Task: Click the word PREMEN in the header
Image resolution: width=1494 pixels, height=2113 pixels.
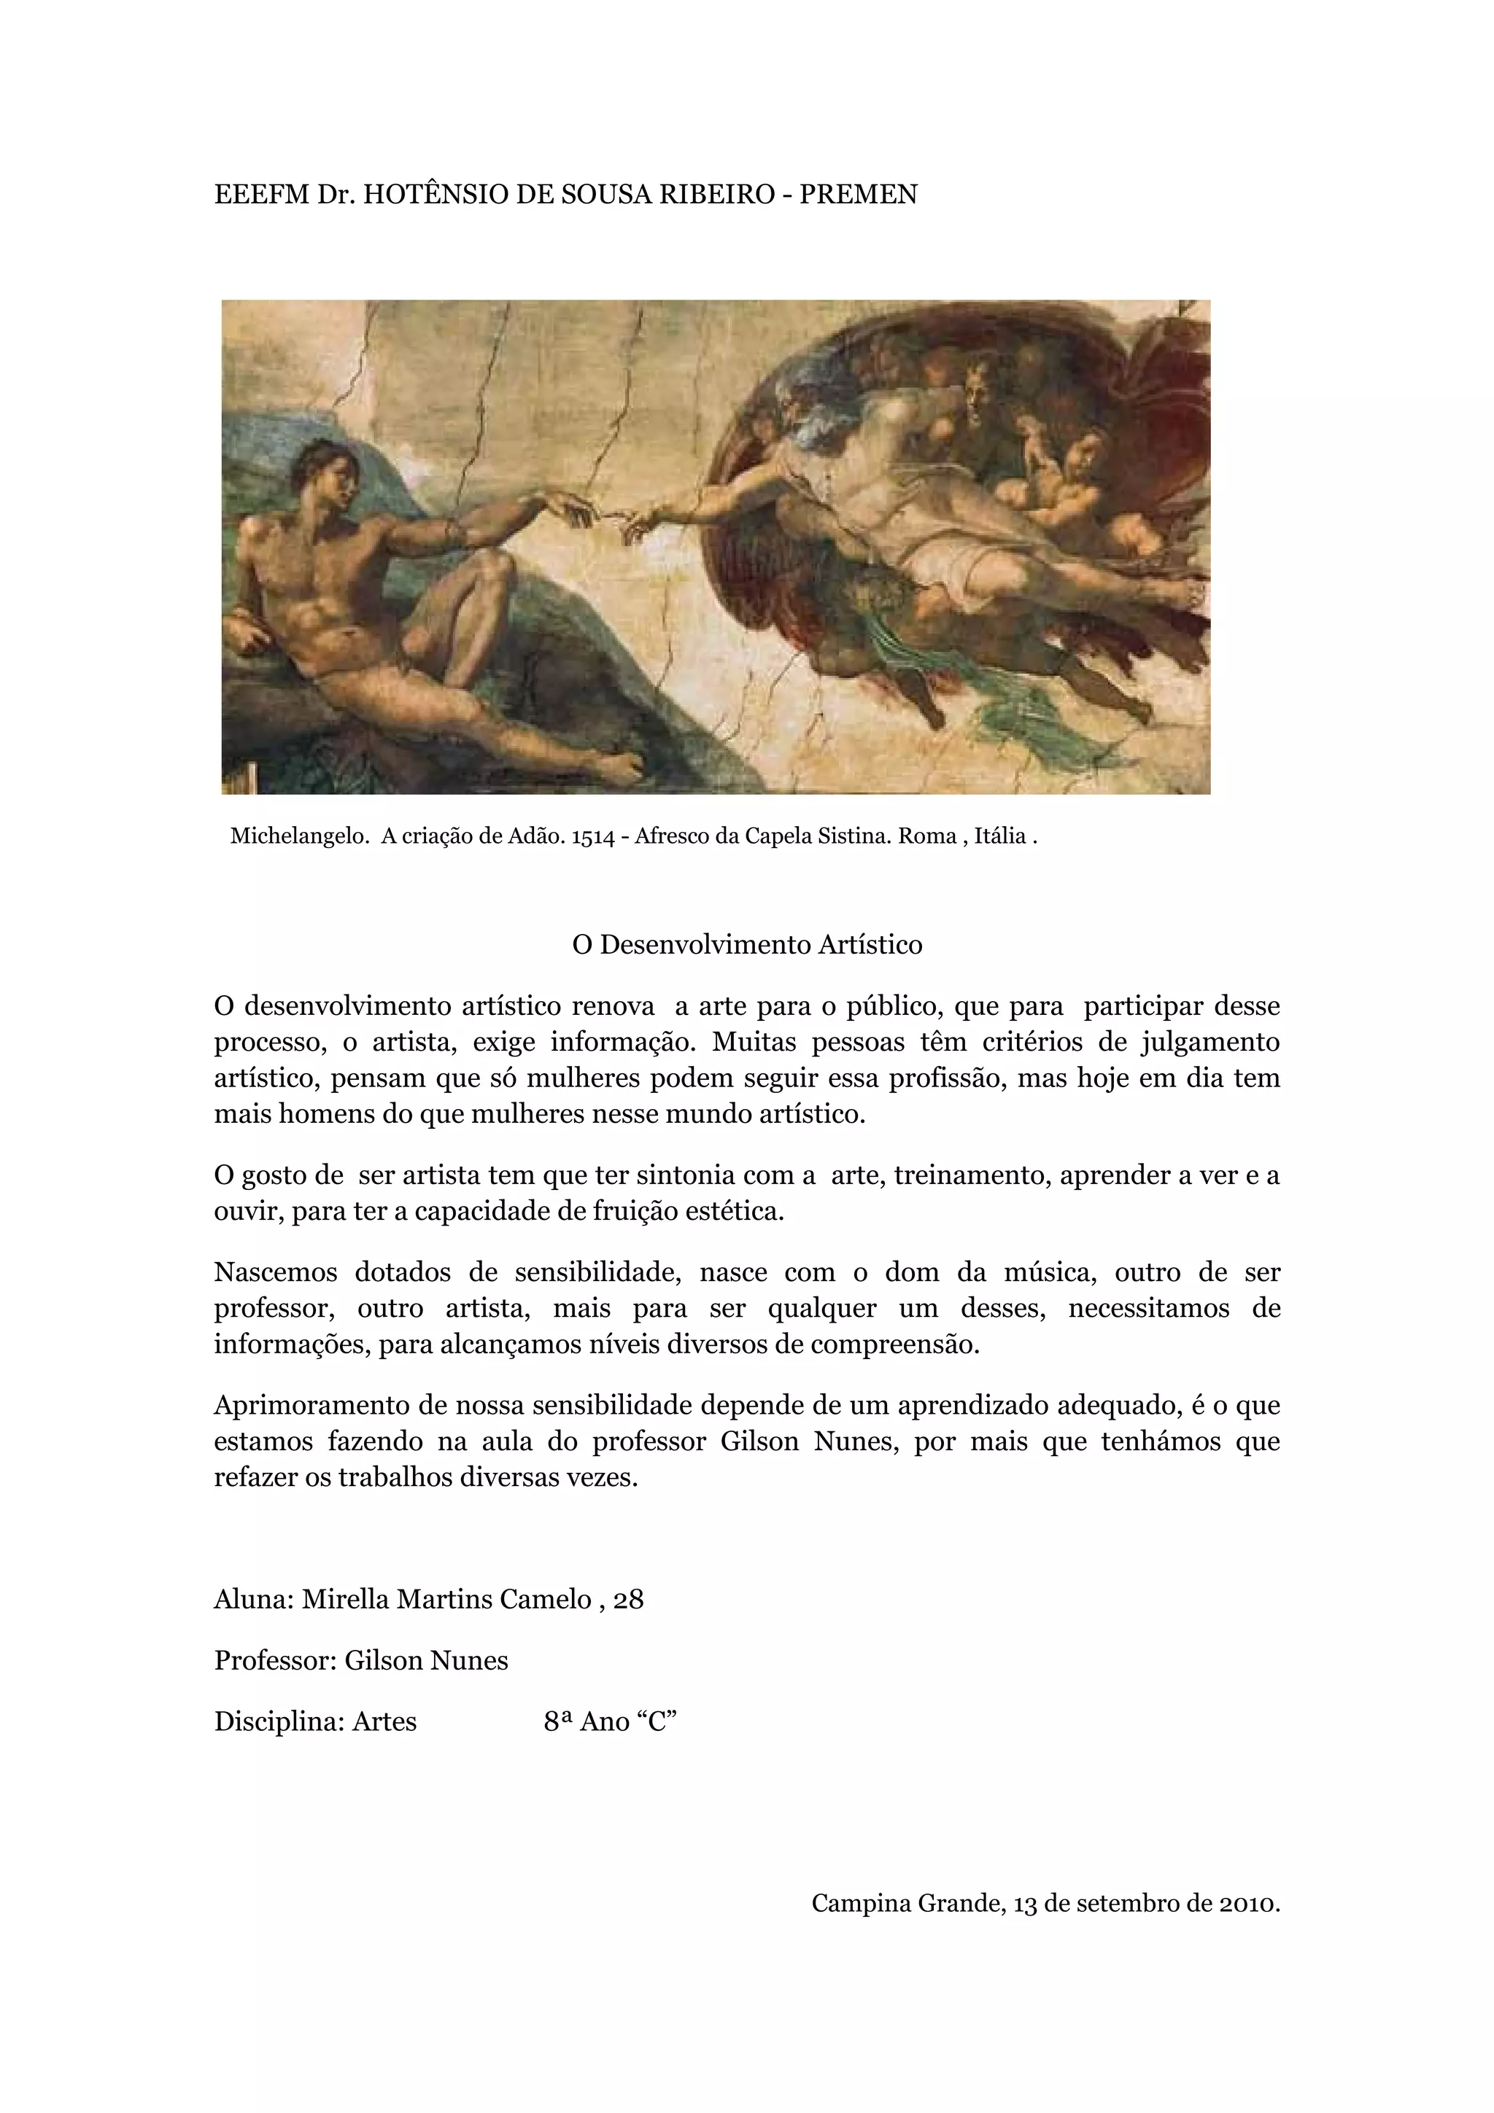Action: [858, 195]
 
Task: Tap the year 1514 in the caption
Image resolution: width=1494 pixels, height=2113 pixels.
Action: [593, 836]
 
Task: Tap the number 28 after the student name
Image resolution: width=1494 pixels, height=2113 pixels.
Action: [628, 1600]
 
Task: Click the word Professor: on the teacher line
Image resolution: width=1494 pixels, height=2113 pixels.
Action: [274, 1660]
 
